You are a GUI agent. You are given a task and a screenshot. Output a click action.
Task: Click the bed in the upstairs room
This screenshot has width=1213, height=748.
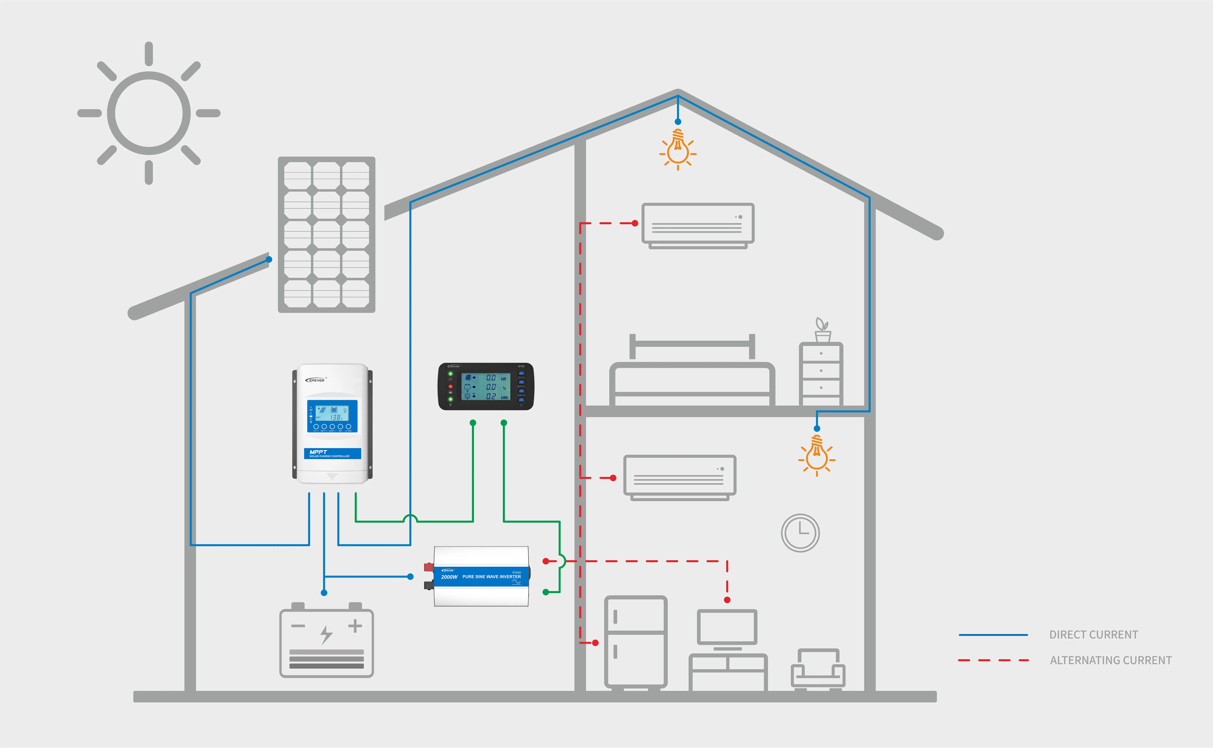pyautogui.click(x=692, y=376)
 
